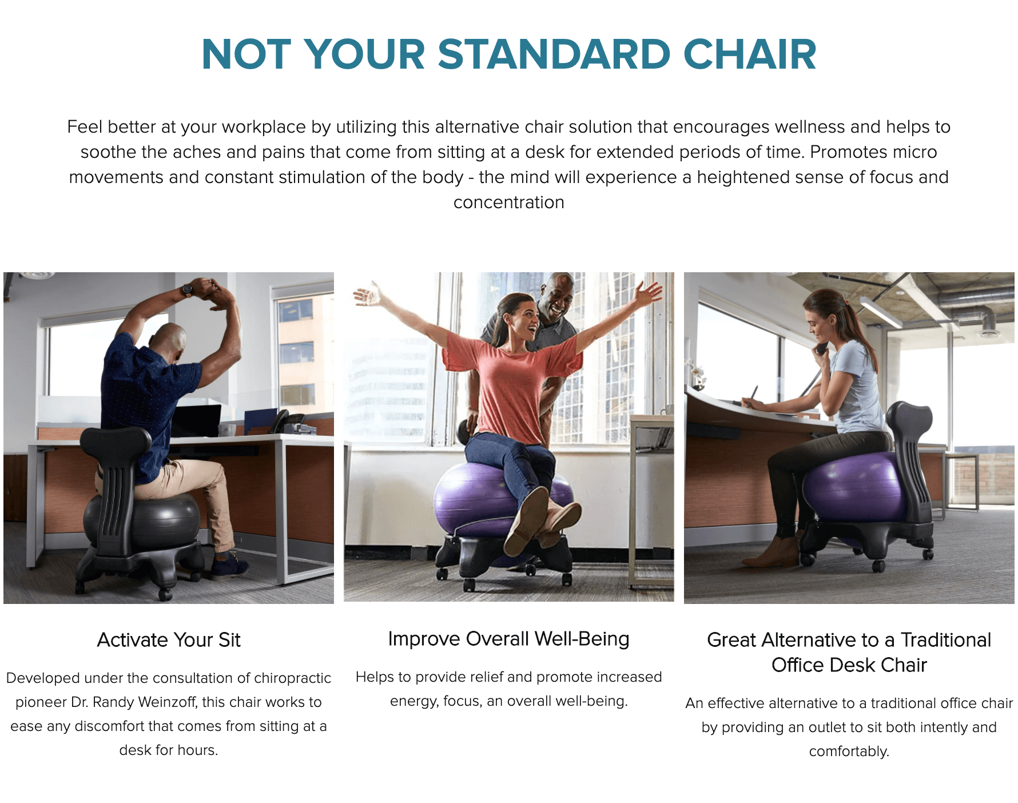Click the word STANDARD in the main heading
point(554,55)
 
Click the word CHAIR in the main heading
point(750,55)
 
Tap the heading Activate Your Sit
point(169,640)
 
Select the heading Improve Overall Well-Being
point(508,639)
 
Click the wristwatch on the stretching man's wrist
point(187,290)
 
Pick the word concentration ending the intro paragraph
point(508,202)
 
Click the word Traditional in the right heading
point(946,640)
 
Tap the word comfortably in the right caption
point(849,751)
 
